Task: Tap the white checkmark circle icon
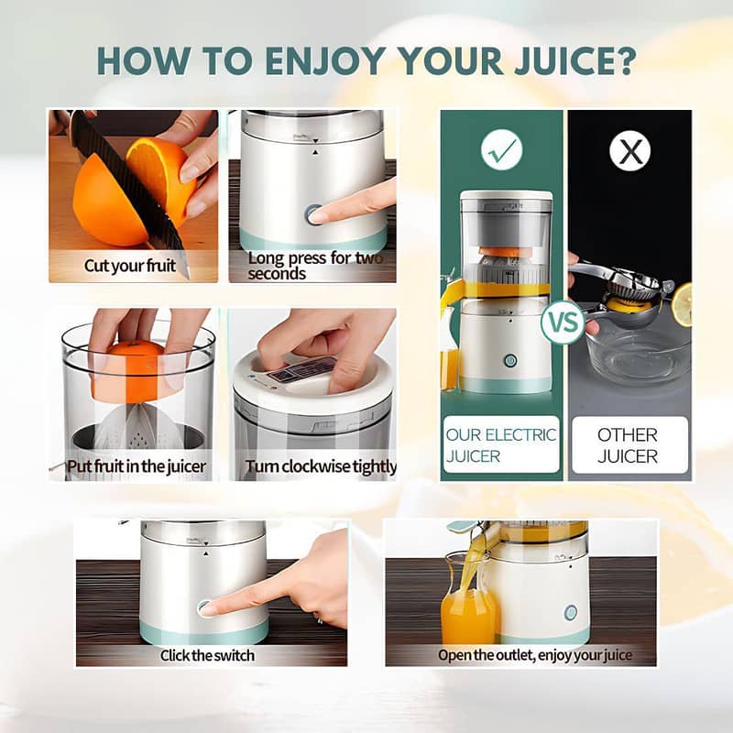[x=501, y=149]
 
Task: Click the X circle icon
[x=630, y=150]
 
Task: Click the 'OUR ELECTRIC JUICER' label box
[x=501, y=444]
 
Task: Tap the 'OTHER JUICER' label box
[x=629, y=444]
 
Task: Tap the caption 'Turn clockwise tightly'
[x=321, y=467]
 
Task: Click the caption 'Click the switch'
[x=207, y=655]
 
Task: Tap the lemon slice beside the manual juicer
[x=683, y=303]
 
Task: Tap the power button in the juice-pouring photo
[x=571, y=612]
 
